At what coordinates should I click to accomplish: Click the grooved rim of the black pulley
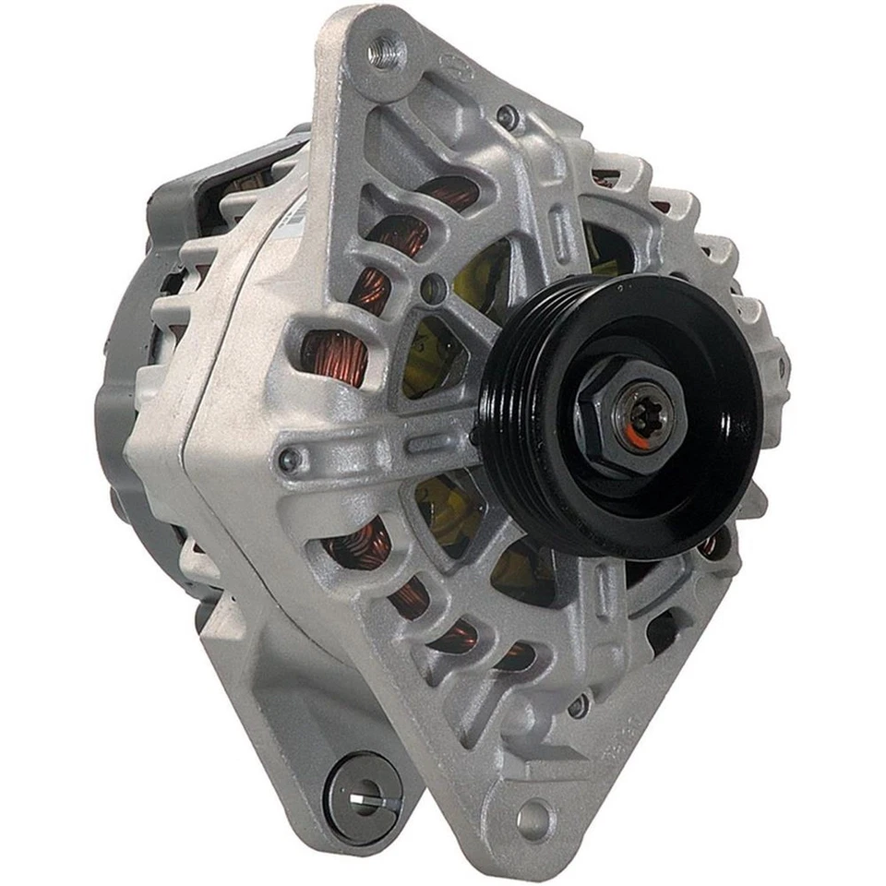pyautogui.click(x=517, y=434)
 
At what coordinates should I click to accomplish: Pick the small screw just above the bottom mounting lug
pyautogui.click(x=579, y=707)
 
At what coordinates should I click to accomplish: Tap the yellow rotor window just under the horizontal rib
pyautogui.click(x=443, y=503)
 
